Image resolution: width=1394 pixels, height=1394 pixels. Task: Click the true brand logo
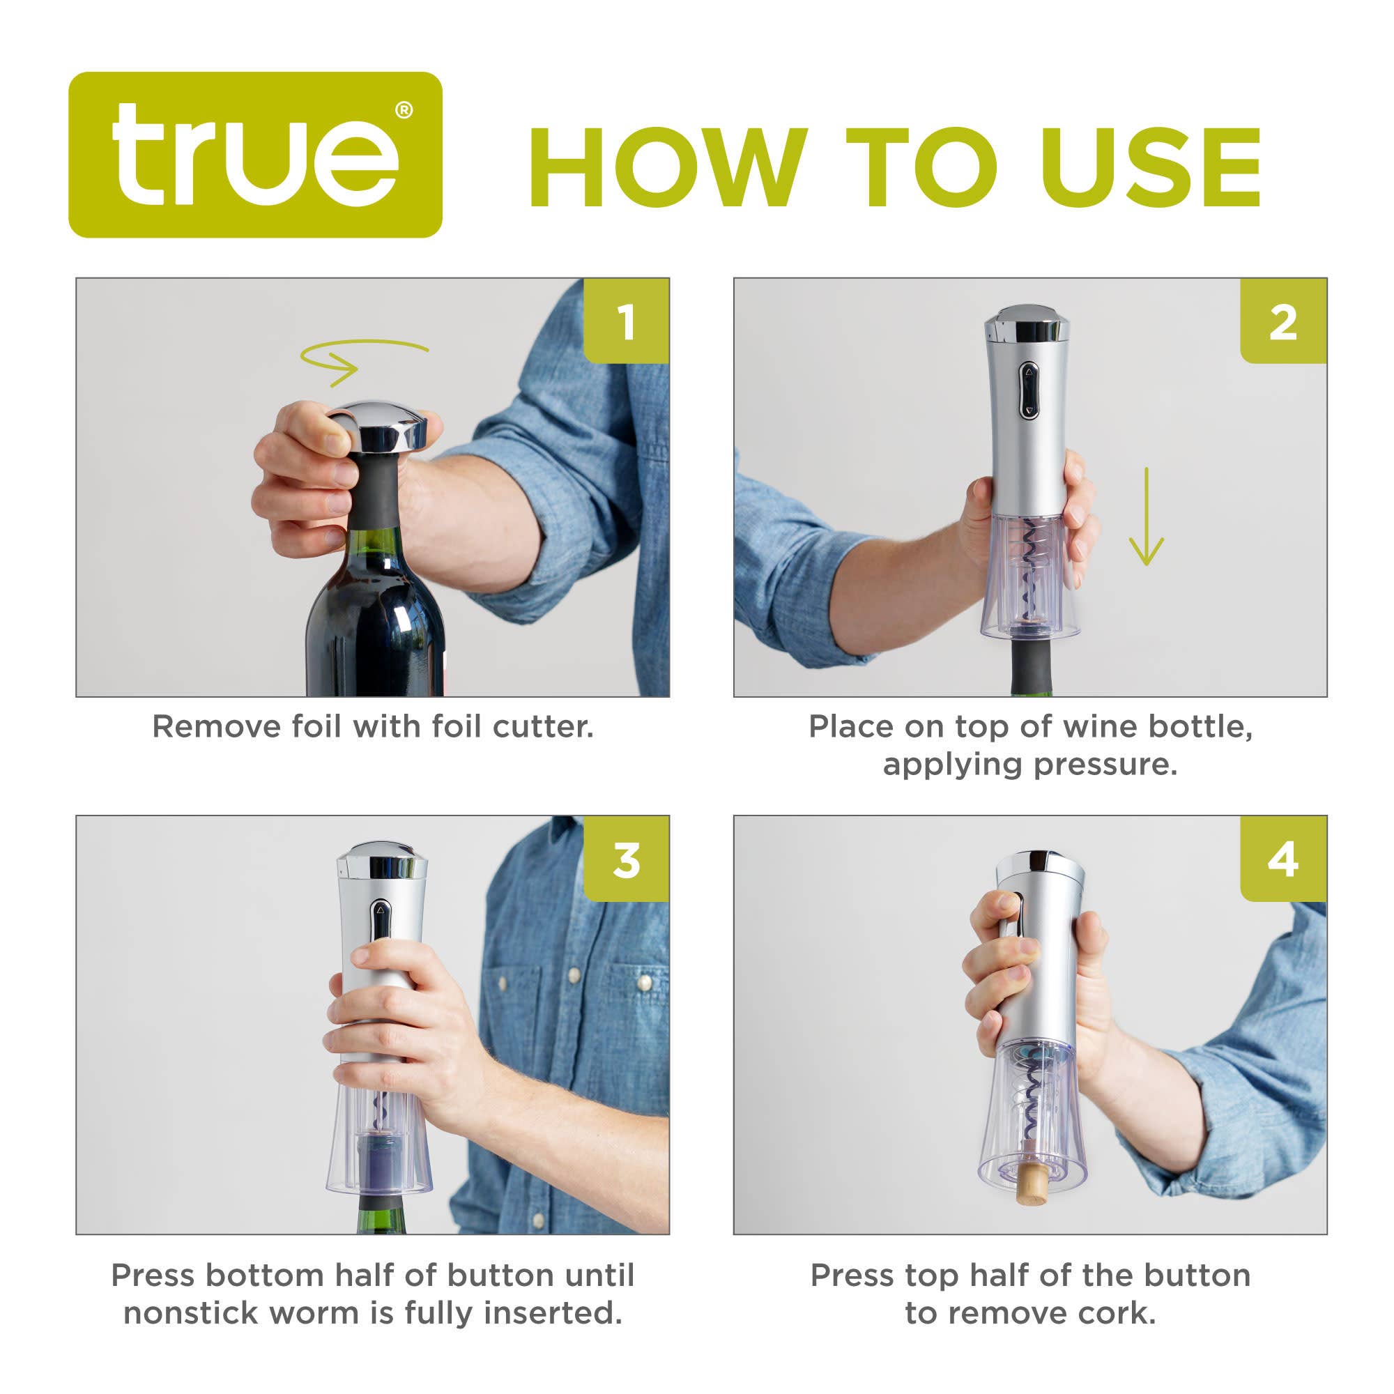(254, 155)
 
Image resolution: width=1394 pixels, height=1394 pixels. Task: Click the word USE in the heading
(1150, 167)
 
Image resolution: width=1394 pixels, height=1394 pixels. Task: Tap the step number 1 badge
(627, 321)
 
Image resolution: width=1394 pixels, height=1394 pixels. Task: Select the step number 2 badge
(1282, 321)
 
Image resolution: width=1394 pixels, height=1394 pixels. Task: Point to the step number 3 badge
(627, 859)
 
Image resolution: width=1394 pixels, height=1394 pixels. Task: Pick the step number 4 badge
(1282, 859)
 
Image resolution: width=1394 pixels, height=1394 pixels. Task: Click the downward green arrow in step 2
(1145, 516)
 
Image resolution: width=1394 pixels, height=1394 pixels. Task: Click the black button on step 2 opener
(1028, 390)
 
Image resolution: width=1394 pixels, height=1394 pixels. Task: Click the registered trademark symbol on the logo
(404, 110)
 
